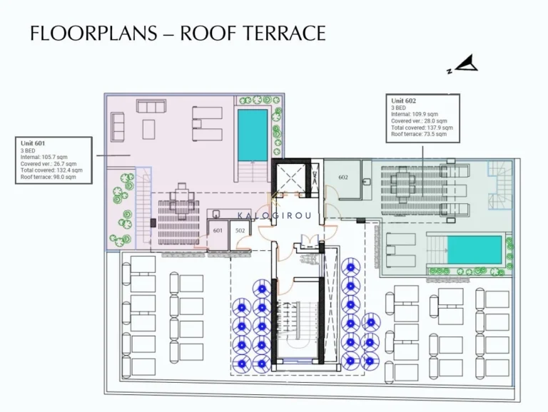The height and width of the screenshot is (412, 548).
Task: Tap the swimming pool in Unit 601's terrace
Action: (252, 135)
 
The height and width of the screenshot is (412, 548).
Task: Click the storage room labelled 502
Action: (240, 230)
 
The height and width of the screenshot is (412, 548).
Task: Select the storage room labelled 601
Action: (218, 230)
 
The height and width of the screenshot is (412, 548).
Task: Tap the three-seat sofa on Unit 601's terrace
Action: (151, 108)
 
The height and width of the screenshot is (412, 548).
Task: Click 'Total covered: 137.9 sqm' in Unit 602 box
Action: (422, 128)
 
